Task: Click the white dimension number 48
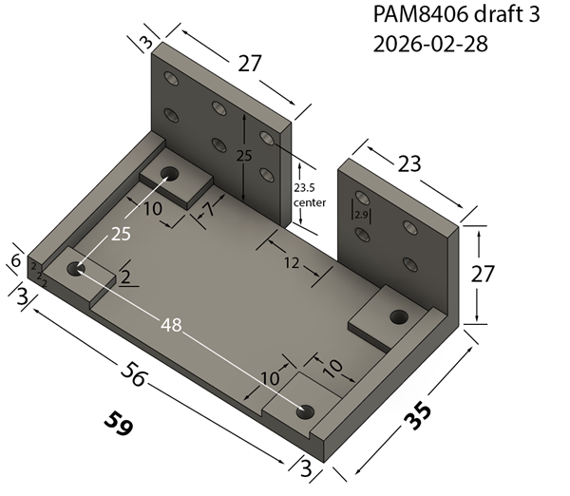171,325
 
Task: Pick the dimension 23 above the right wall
408,163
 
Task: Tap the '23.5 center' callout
310,195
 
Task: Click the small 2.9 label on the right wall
361,216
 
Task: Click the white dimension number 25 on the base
120,234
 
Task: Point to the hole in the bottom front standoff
304,411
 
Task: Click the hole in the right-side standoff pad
398,315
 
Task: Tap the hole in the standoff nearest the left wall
170,175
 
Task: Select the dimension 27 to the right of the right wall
484,276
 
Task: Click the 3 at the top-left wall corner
145,44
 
